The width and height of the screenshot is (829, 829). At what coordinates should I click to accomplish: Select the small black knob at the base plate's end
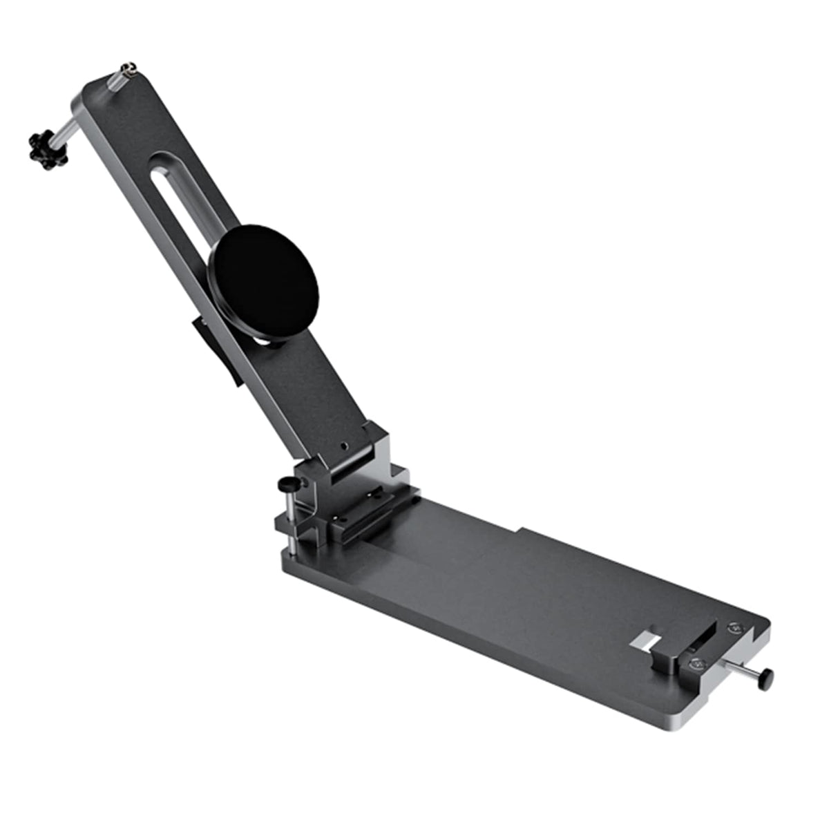click(766, 676)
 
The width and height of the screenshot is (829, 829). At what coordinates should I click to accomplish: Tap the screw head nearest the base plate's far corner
click(733, 629)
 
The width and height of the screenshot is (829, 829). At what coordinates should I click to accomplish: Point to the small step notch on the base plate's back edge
click(522, 531)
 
